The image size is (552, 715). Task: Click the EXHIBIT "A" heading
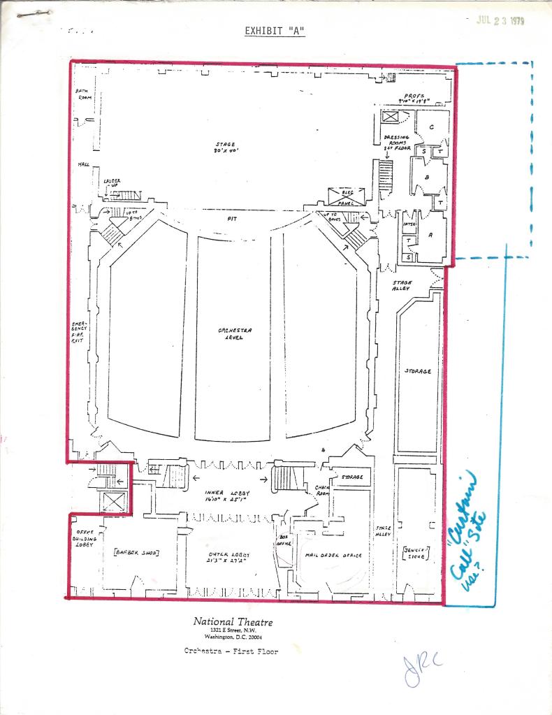(x=275, y=31)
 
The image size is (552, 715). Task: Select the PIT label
(x=233, y=219)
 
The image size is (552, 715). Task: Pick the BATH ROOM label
(x=83, y=94)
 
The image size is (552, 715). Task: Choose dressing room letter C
(x=431, y=127)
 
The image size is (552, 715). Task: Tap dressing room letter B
(x=428, y=178)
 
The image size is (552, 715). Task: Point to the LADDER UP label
(x=112, y=183)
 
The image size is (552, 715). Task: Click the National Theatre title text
(x=233, y=622)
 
